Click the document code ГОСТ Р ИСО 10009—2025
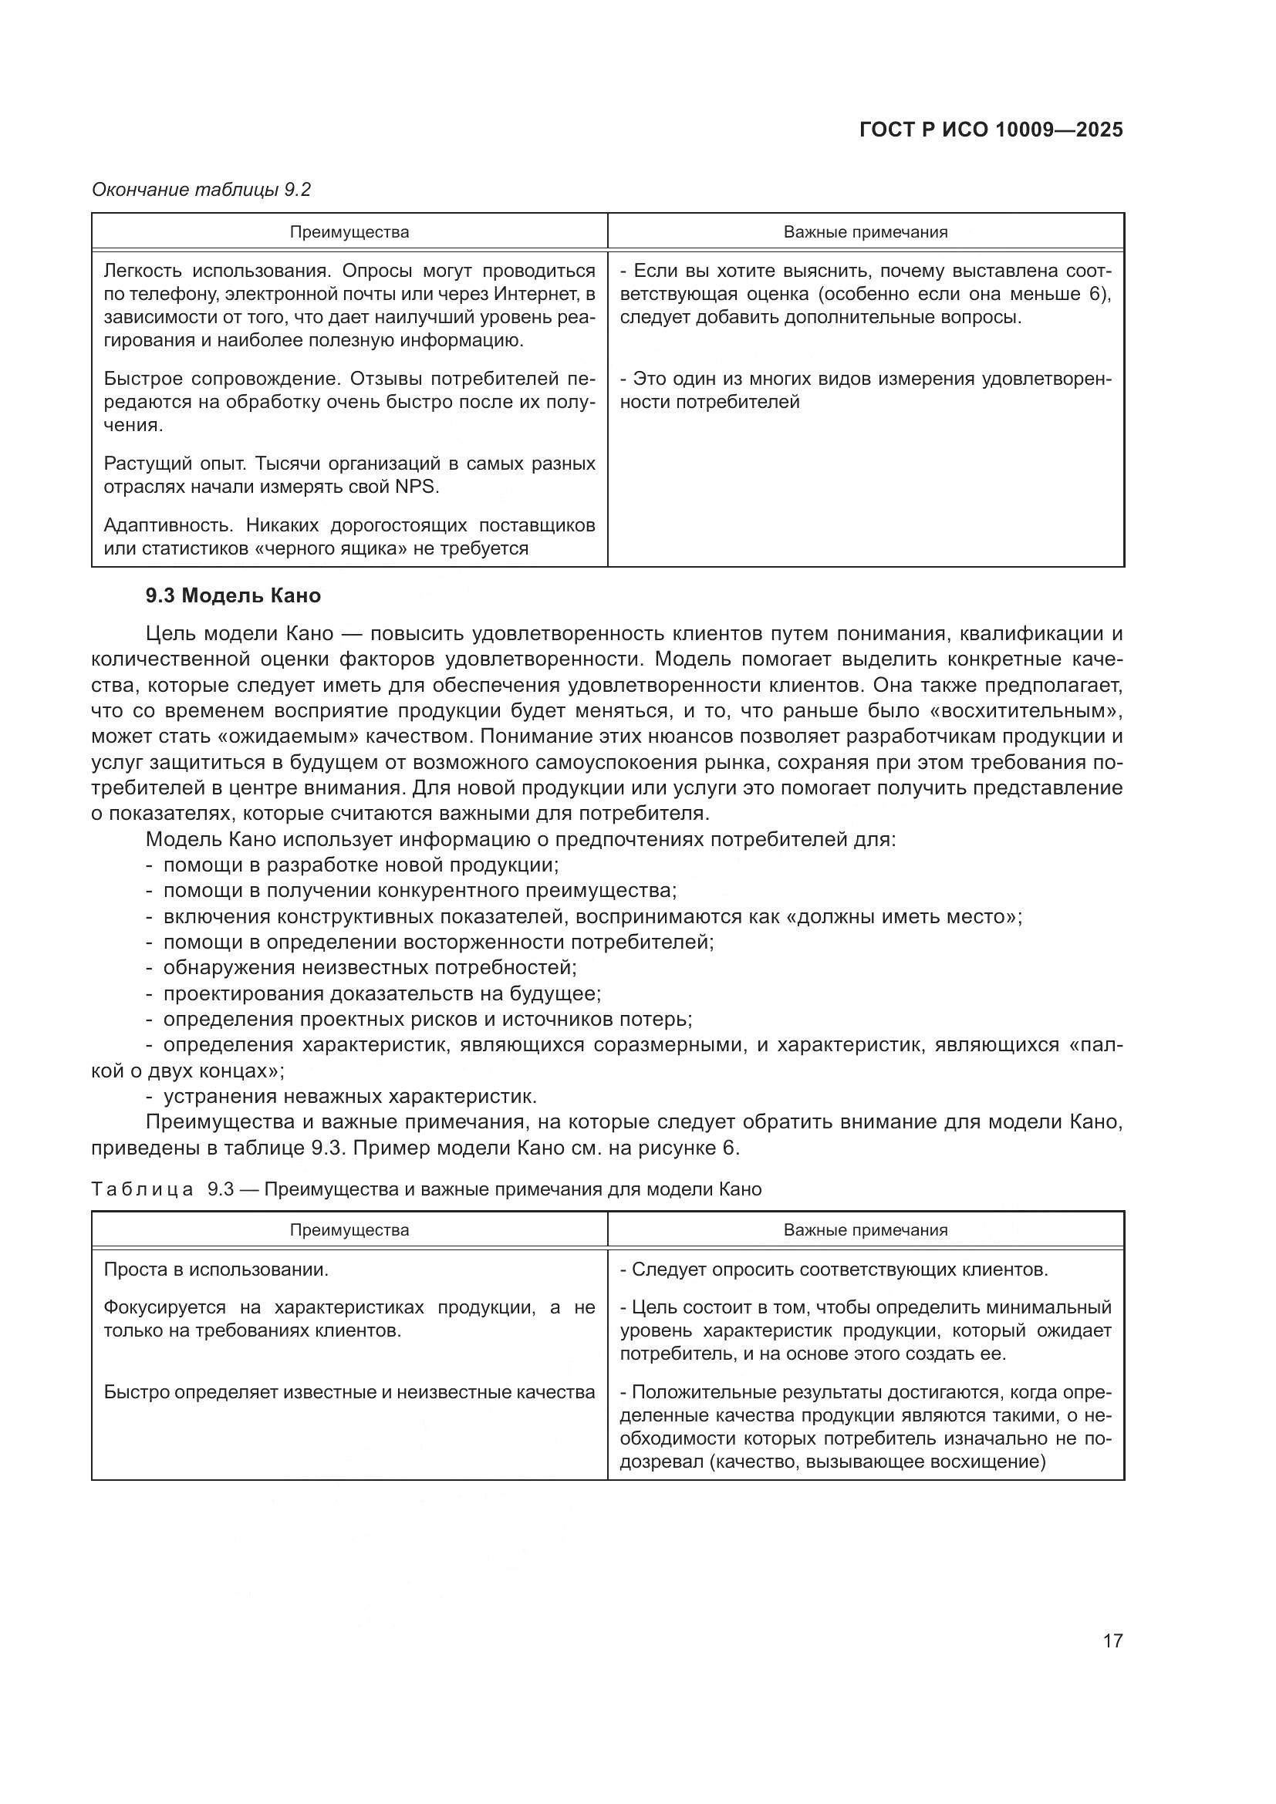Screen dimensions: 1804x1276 point(991,130)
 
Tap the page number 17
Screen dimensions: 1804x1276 point(1112,1640)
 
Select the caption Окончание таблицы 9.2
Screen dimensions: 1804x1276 point(201,190)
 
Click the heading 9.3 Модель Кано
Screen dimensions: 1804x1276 point(232,595)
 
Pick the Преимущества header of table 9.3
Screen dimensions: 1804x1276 point(349,1229)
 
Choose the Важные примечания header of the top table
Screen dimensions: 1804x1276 point(865,232)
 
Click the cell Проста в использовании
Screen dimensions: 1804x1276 point(216,1270)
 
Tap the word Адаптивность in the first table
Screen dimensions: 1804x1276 point(168,525)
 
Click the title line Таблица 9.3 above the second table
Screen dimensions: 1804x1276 point(426,1189)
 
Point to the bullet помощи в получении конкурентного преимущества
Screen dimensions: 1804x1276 point(420,890)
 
